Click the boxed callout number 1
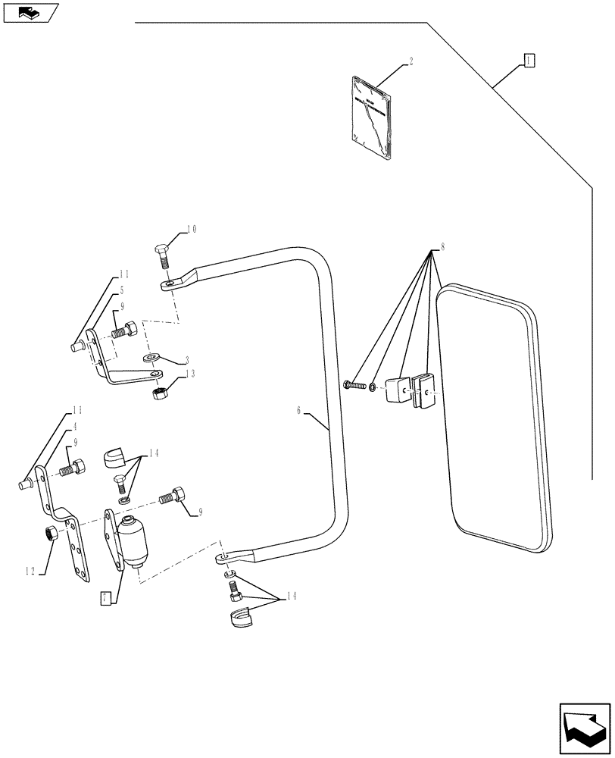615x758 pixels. coord(529,60)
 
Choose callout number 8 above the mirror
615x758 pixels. coord(442,247)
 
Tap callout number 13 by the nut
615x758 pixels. coord(190,373)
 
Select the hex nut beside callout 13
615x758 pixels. coord(161,393)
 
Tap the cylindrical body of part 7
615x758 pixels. coord(133,543)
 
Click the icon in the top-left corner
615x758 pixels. coord(30,12)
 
